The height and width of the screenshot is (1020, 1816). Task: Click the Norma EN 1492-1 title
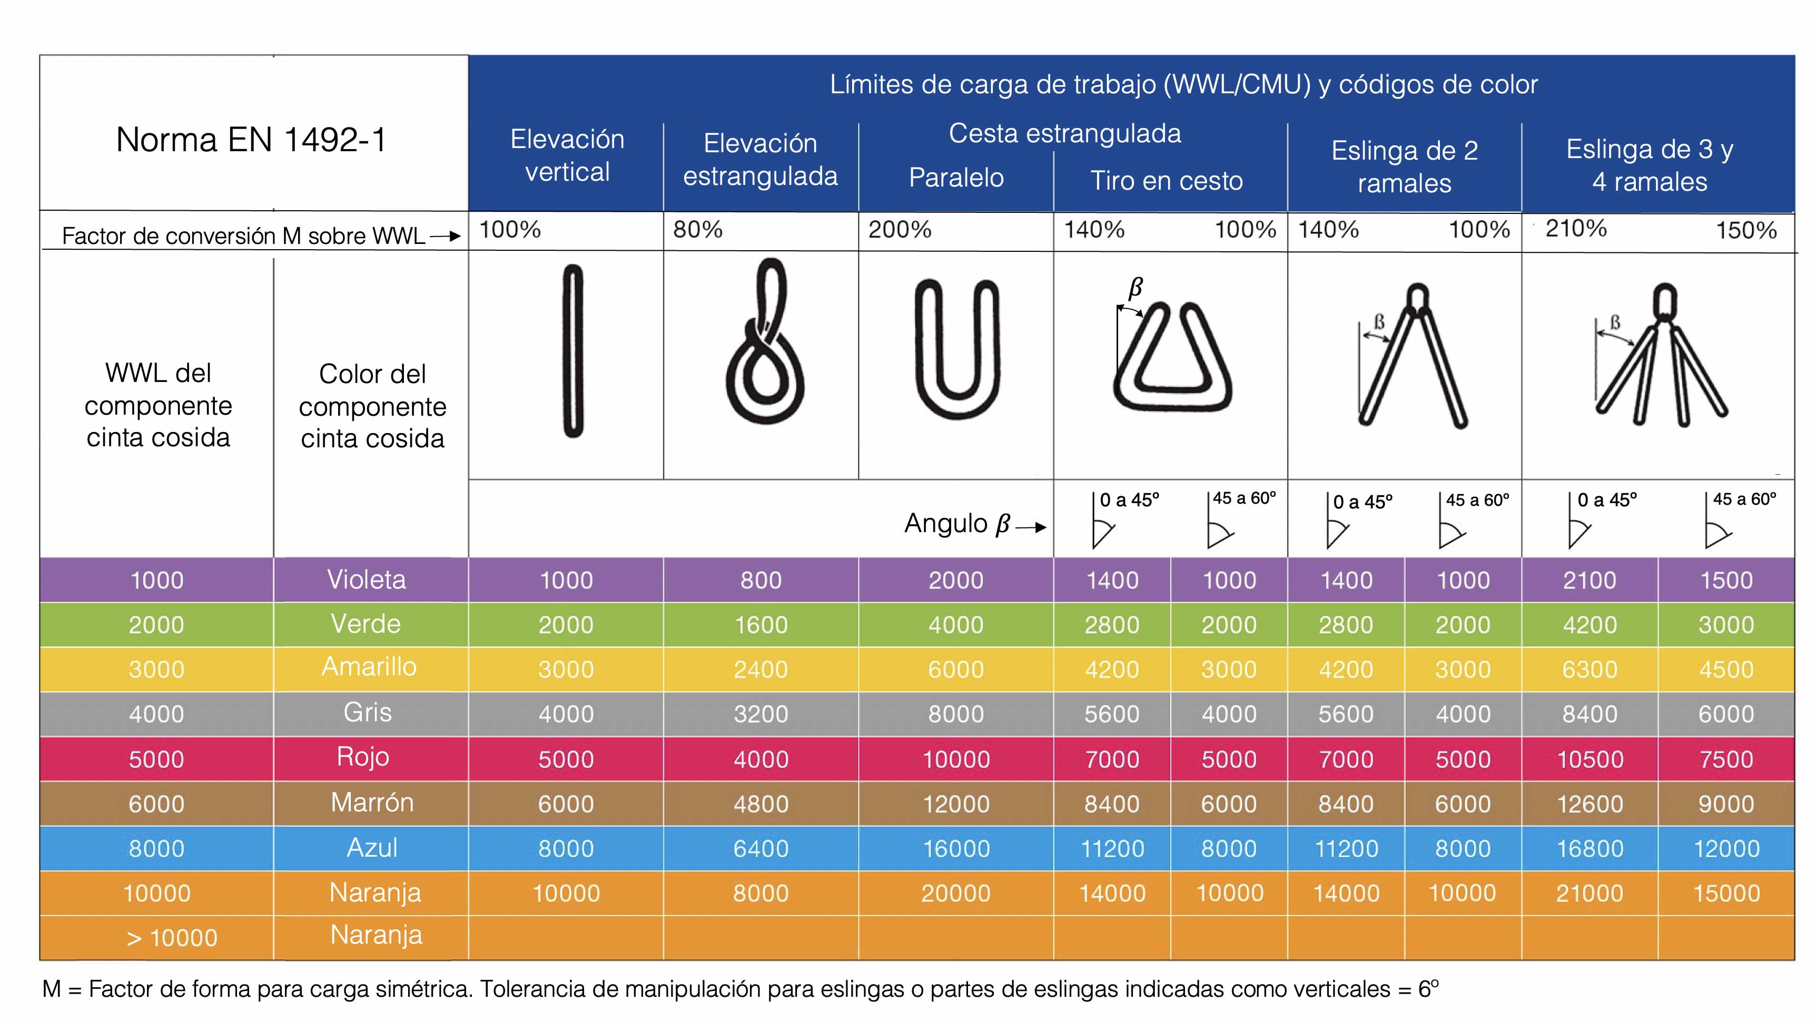pyautogui.click(x=251, y=140)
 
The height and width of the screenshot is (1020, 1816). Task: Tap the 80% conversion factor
pyautogui.click(x=697, y=229)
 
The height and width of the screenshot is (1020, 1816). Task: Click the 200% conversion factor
pyautogui.click(x=900, y=229)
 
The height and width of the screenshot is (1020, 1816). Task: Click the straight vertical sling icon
pyautogui.click(x=573, y=350)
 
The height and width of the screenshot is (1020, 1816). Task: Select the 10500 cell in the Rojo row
pyautogui.click(x=1590, y=759)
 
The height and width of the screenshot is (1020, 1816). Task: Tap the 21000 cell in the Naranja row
pyautogui.click(x=1590, y=893)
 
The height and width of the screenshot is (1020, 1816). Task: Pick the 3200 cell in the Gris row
pyautogui.click(x=761, y=714)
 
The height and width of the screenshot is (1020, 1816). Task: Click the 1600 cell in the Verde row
pyautogui.click(x=761, y=624)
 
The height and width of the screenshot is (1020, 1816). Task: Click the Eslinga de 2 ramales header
pyautogui.click(x=1404, y=166)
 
